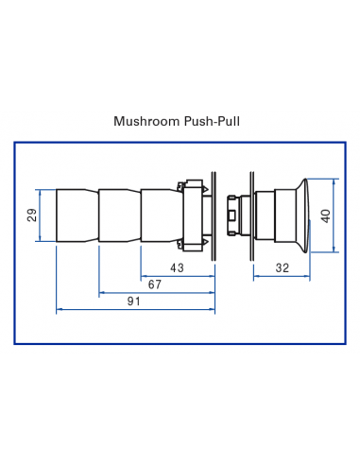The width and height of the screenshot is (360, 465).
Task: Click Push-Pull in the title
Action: [213, 121]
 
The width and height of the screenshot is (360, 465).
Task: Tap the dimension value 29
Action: [32, 215]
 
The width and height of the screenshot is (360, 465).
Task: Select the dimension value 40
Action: [326, 215]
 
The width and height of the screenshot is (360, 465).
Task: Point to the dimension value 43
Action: [177, 268]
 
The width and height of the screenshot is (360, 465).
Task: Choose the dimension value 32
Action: [283, 268]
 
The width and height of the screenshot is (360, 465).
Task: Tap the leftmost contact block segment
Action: [77, 215]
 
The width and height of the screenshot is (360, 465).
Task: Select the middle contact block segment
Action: [119, 215]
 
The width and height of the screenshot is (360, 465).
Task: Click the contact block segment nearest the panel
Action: [158, 215]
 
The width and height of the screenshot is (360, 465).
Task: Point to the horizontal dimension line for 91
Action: [94, 308]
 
